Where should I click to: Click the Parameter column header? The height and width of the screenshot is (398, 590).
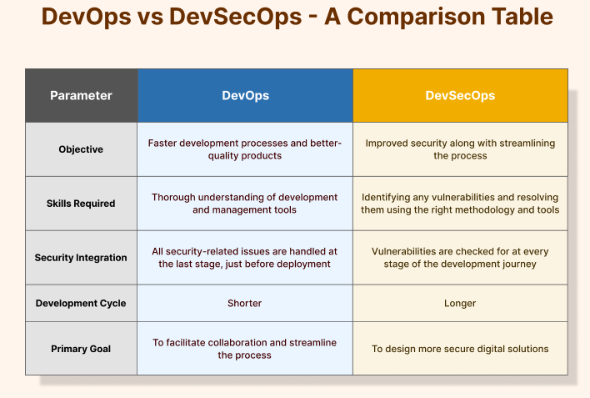click(x=81, y=95)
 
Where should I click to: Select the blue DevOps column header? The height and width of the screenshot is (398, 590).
click(x=245, y=95)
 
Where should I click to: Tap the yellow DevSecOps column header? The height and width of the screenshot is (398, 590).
click(x=460, y=95)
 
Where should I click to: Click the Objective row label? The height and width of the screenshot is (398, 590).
click(x=81, y=149)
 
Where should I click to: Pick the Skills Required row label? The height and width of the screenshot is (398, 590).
click(x=81, y=204)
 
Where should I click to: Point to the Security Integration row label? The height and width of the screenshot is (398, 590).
click(x=81, y=258)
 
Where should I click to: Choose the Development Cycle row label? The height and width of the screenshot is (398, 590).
click(x=81, y=303)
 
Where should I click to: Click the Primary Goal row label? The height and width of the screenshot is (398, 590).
click(x=81, y=349)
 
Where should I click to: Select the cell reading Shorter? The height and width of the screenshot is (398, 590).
click(x=244, y=303)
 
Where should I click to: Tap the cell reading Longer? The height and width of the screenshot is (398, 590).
click(x=460, y=304)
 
